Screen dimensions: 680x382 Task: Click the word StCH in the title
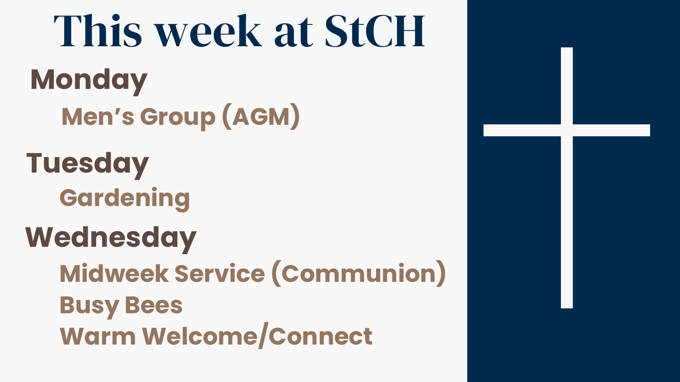point(375,31)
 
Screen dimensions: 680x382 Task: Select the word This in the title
point(98,31)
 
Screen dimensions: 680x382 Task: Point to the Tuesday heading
point(88,165)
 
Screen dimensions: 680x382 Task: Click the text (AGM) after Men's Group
point(261,117)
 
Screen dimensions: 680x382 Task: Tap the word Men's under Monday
point(98,117)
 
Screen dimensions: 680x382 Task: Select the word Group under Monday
point(178,118)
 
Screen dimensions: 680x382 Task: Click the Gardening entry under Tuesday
point(125,199)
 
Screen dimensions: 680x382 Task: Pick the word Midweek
point(114,274)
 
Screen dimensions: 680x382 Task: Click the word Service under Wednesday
point(220,274)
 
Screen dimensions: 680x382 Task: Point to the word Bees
point(153,305)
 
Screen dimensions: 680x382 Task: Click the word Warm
point(98,336)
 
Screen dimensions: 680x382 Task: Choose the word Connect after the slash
point(321,336)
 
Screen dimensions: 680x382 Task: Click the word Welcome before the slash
point(200,336)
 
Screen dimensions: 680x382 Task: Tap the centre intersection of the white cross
point(567,130)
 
